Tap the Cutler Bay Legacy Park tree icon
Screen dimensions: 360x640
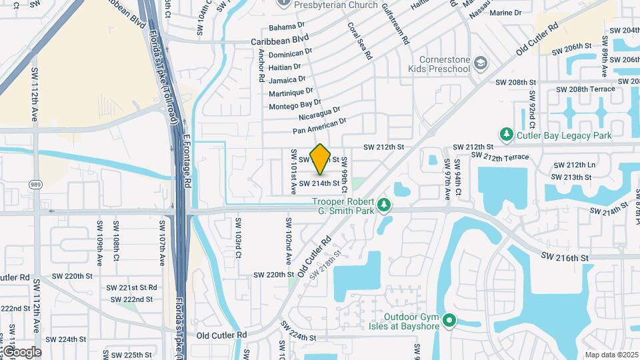507,135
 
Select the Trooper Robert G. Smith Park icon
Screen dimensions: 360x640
383,205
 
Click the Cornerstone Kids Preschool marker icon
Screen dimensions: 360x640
481,63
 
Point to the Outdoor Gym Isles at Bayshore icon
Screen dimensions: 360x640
449,322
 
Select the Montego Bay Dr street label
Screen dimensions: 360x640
295,105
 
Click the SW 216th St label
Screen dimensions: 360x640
565,257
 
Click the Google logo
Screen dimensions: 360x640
21,351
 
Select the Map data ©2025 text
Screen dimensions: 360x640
611,355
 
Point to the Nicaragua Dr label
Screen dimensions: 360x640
319,114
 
